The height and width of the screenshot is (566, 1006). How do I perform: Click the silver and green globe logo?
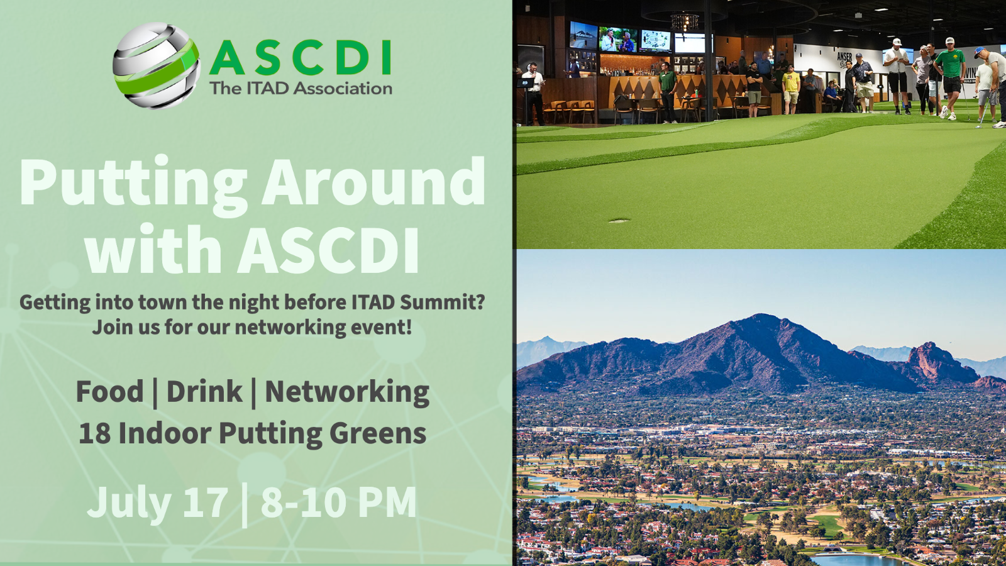click(x=157, y=65)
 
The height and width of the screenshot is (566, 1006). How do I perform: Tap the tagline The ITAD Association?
click(x=301, y=88)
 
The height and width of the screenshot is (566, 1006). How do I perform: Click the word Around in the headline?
click(x=373, y=181)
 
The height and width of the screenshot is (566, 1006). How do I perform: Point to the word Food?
click(x=109, y=391)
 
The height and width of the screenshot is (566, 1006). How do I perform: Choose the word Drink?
click(x=204, y=391)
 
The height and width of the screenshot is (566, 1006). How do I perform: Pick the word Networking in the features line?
click(x=347, y=393)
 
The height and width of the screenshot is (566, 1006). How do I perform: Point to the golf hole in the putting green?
click(x=619, y=221)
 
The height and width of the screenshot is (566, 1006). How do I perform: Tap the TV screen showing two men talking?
click(x=618, y=40)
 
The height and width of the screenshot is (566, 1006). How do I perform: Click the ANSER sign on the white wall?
click(x=844, y=57)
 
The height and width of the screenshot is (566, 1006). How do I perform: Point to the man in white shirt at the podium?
click(x=534, y=93)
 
